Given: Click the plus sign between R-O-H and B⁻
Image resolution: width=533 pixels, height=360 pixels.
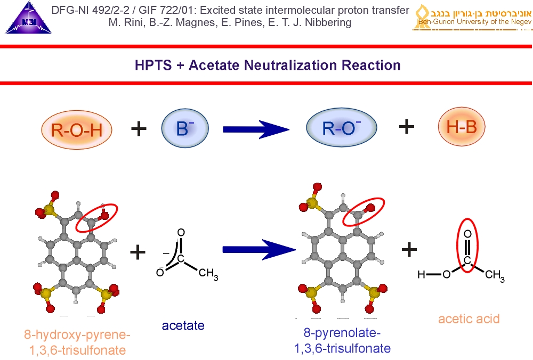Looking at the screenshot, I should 138,128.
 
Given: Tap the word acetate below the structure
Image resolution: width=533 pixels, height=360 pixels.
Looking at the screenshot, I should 183,325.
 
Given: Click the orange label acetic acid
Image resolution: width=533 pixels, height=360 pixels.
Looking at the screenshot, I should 469,319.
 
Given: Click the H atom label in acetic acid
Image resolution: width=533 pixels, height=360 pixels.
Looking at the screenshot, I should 421,275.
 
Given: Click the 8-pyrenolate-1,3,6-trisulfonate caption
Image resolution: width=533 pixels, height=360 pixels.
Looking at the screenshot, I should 342,341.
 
